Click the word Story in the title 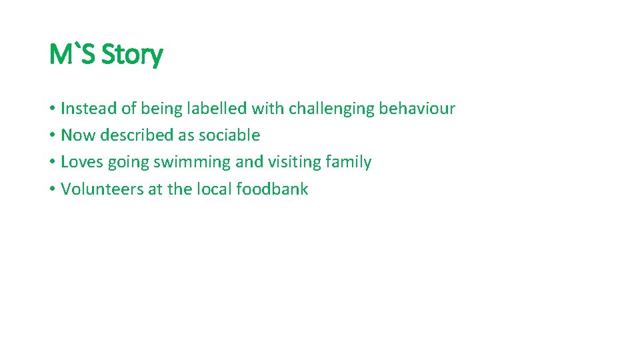click(x=132, y=55)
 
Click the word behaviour click(x=417, y=108)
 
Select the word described click(x=137, y=135)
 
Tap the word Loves click(x=81, y=162)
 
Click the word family click(x=349, y=163)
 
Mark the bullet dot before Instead click(x=52, y=109)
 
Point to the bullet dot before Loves click(x=52, y=163)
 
